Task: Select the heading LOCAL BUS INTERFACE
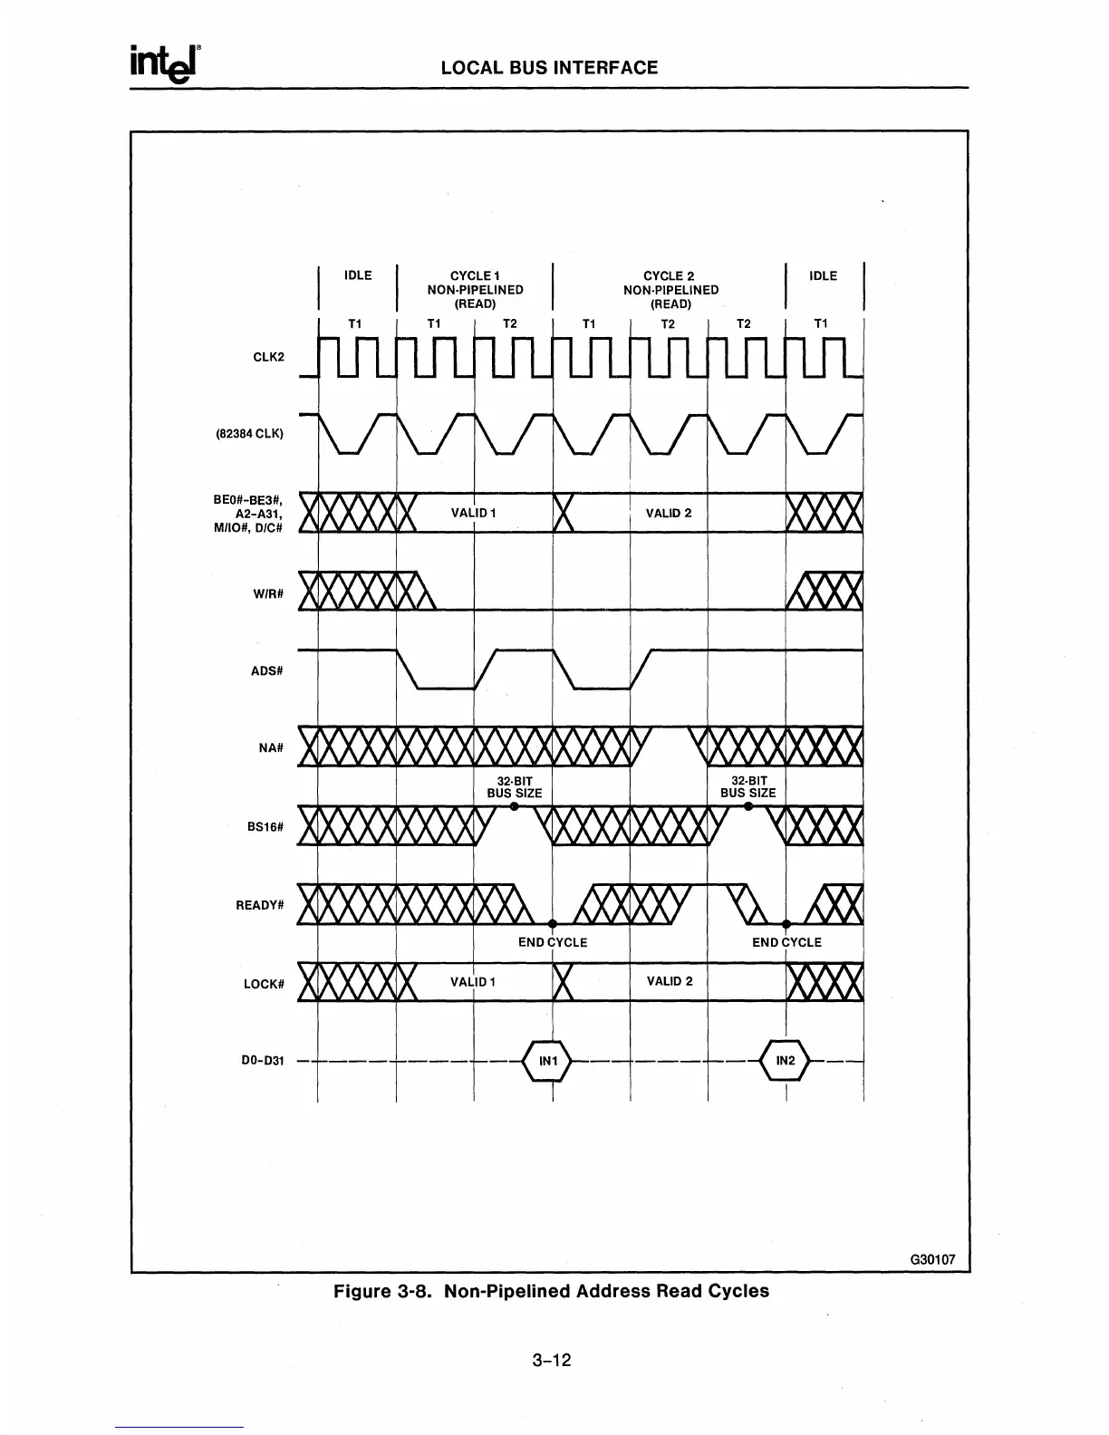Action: pos(549,68)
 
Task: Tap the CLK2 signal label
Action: pos(268,357)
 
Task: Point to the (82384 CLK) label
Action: pos(249,433)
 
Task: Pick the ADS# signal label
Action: pos(268,671)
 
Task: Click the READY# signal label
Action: pos(261,905)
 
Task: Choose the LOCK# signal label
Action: pos(265,984)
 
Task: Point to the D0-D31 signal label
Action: pos(265,1061)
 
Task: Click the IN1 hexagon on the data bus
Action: pos(549,1060)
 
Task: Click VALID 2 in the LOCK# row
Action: pos(670,981)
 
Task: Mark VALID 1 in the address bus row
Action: pos(473,513)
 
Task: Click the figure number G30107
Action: pos(933,1260)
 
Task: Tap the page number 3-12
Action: pos(552,1360)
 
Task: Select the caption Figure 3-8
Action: pos(551,1291)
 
